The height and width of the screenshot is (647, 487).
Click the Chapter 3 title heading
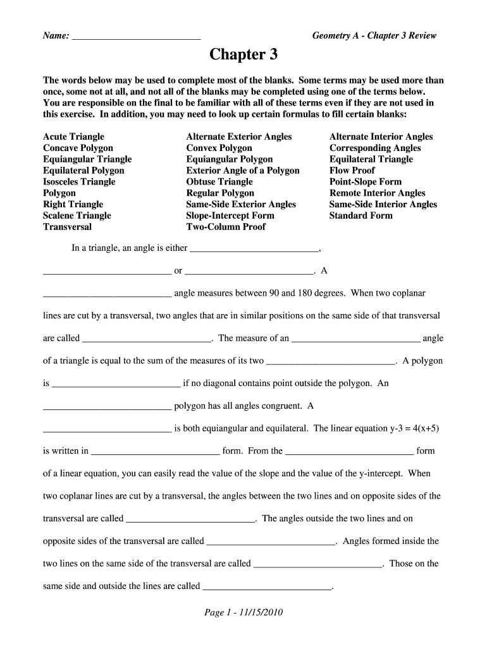(244, 55)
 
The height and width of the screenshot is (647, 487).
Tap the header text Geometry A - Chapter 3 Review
(374, 36)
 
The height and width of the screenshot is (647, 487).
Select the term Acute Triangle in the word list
(73, 136)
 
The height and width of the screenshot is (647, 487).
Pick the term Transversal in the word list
(67, 227)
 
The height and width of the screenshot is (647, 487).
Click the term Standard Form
(361, 215)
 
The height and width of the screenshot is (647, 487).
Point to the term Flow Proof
(352, 171)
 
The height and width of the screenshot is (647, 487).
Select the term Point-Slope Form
(365, 182)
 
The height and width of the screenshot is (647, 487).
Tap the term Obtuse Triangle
(219, 182)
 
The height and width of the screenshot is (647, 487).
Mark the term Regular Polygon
(220, 193)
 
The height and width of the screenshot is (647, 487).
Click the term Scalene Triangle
(77, 215)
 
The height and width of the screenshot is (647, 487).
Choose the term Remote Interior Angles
(377, 193)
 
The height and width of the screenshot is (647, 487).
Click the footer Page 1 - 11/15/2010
(244, 613)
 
